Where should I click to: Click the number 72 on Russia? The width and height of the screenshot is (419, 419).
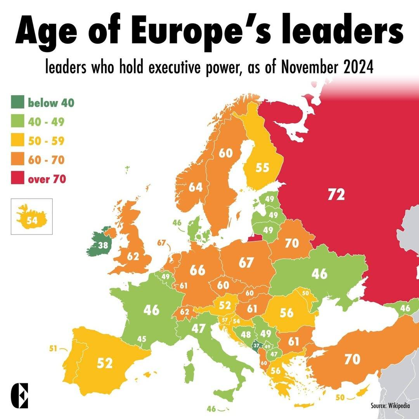point(336,194)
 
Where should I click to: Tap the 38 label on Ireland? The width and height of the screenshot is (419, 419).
point(103,245)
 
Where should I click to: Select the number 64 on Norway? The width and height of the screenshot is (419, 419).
point(196,187)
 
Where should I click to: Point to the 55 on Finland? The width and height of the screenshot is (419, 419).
point(262,168)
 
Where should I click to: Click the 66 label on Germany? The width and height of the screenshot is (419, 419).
point(197,270)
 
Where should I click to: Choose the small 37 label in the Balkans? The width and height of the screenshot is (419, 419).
point(256,345)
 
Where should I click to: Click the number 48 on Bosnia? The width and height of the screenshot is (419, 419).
point(246,334)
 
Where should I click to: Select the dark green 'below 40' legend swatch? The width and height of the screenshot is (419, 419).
point(17,102)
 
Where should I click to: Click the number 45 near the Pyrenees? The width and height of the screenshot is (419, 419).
point(142,339)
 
